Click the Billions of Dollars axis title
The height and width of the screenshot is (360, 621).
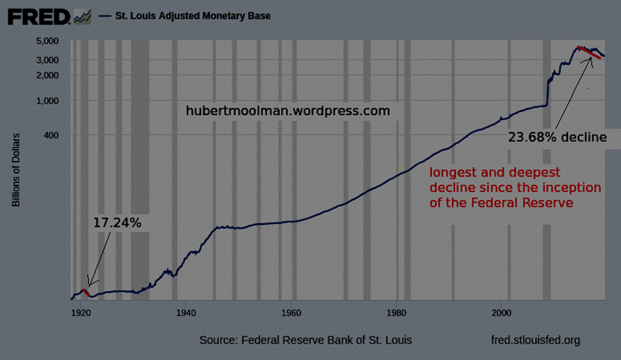click(16, 170)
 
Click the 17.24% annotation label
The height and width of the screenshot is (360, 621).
click(117, 222)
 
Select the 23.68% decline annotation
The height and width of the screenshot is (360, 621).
click(553, 137)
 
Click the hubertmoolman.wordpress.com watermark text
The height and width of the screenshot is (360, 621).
click(288, 111)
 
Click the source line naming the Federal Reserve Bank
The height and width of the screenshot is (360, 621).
click(305, 341)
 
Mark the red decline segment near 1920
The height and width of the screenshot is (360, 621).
click(87, 291)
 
